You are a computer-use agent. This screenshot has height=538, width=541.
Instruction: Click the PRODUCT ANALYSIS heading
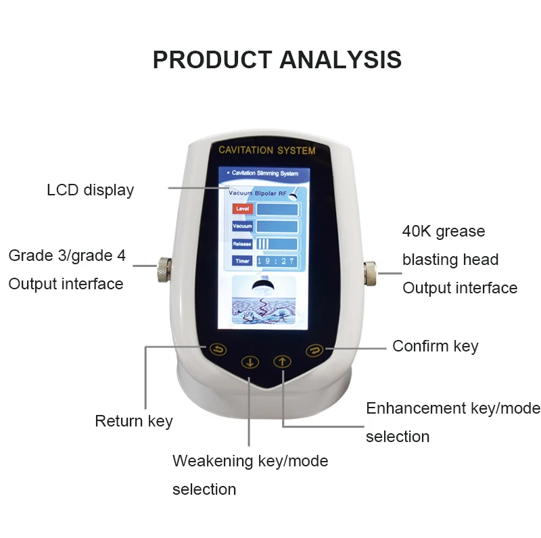click(x=277, y=59)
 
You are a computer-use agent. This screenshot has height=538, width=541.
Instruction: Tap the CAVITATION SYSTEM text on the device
click(x=267, y=149)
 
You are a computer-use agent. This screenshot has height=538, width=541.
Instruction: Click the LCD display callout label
click(x=90, y=190)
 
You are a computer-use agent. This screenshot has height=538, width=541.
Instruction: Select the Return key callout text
click(x=134, y=421)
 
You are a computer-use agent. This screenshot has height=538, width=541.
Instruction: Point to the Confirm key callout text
click(x=435, y=346)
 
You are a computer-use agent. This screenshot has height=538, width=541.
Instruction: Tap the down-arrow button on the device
click(x=251, y=362)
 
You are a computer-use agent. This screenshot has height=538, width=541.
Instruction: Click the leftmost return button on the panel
click(x=218, y=349)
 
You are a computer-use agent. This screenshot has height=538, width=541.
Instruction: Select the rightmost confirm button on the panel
click(x=314, y=349)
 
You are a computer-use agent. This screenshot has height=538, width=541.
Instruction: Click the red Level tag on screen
click(x=242, y=210)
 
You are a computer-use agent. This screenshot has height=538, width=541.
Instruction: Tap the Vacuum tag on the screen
click(x=242, y=226)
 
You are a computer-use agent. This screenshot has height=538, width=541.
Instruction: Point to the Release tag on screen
click(x=242, y=243)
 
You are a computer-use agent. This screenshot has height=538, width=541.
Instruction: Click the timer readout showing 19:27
click(x=277, y=260)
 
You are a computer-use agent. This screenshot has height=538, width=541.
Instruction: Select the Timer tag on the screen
click(x=242, y=260)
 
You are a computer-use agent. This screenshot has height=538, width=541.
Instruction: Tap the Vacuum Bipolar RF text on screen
click(x=256, y=193)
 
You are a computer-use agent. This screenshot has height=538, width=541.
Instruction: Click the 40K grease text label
click(x=444, y=231)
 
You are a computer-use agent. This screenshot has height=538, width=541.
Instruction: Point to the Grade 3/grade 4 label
click(x=67, y=255)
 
